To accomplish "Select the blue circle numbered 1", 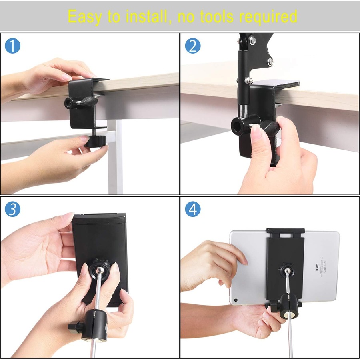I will (12, 46).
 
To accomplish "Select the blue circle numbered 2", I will (192, 46).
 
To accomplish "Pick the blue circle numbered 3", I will (12, 209).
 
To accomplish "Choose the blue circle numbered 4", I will (192, 209).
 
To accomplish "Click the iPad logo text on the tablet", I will (316, 267).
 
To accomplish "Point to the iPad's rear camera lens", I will (236, 299).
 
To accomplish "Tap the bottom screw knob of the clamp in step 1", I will (95, 141).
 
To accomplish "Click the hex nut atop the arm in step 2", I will (252, 41).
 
